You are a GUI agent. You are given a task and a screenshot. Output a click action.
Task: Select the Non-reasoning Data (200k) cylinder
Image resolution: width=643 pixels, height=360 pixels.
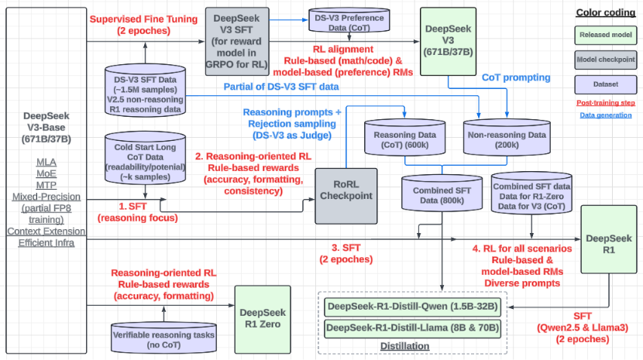(x=505, y=139)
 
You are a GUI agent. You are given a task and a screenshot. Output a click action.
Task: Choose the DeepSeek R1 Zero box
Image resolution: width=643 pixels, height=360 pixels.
(x=266, y=317)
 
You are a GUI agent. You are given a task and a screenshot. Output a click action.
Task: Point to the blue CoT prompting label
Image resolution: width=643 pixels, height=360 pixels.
(x=515, y=77)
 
